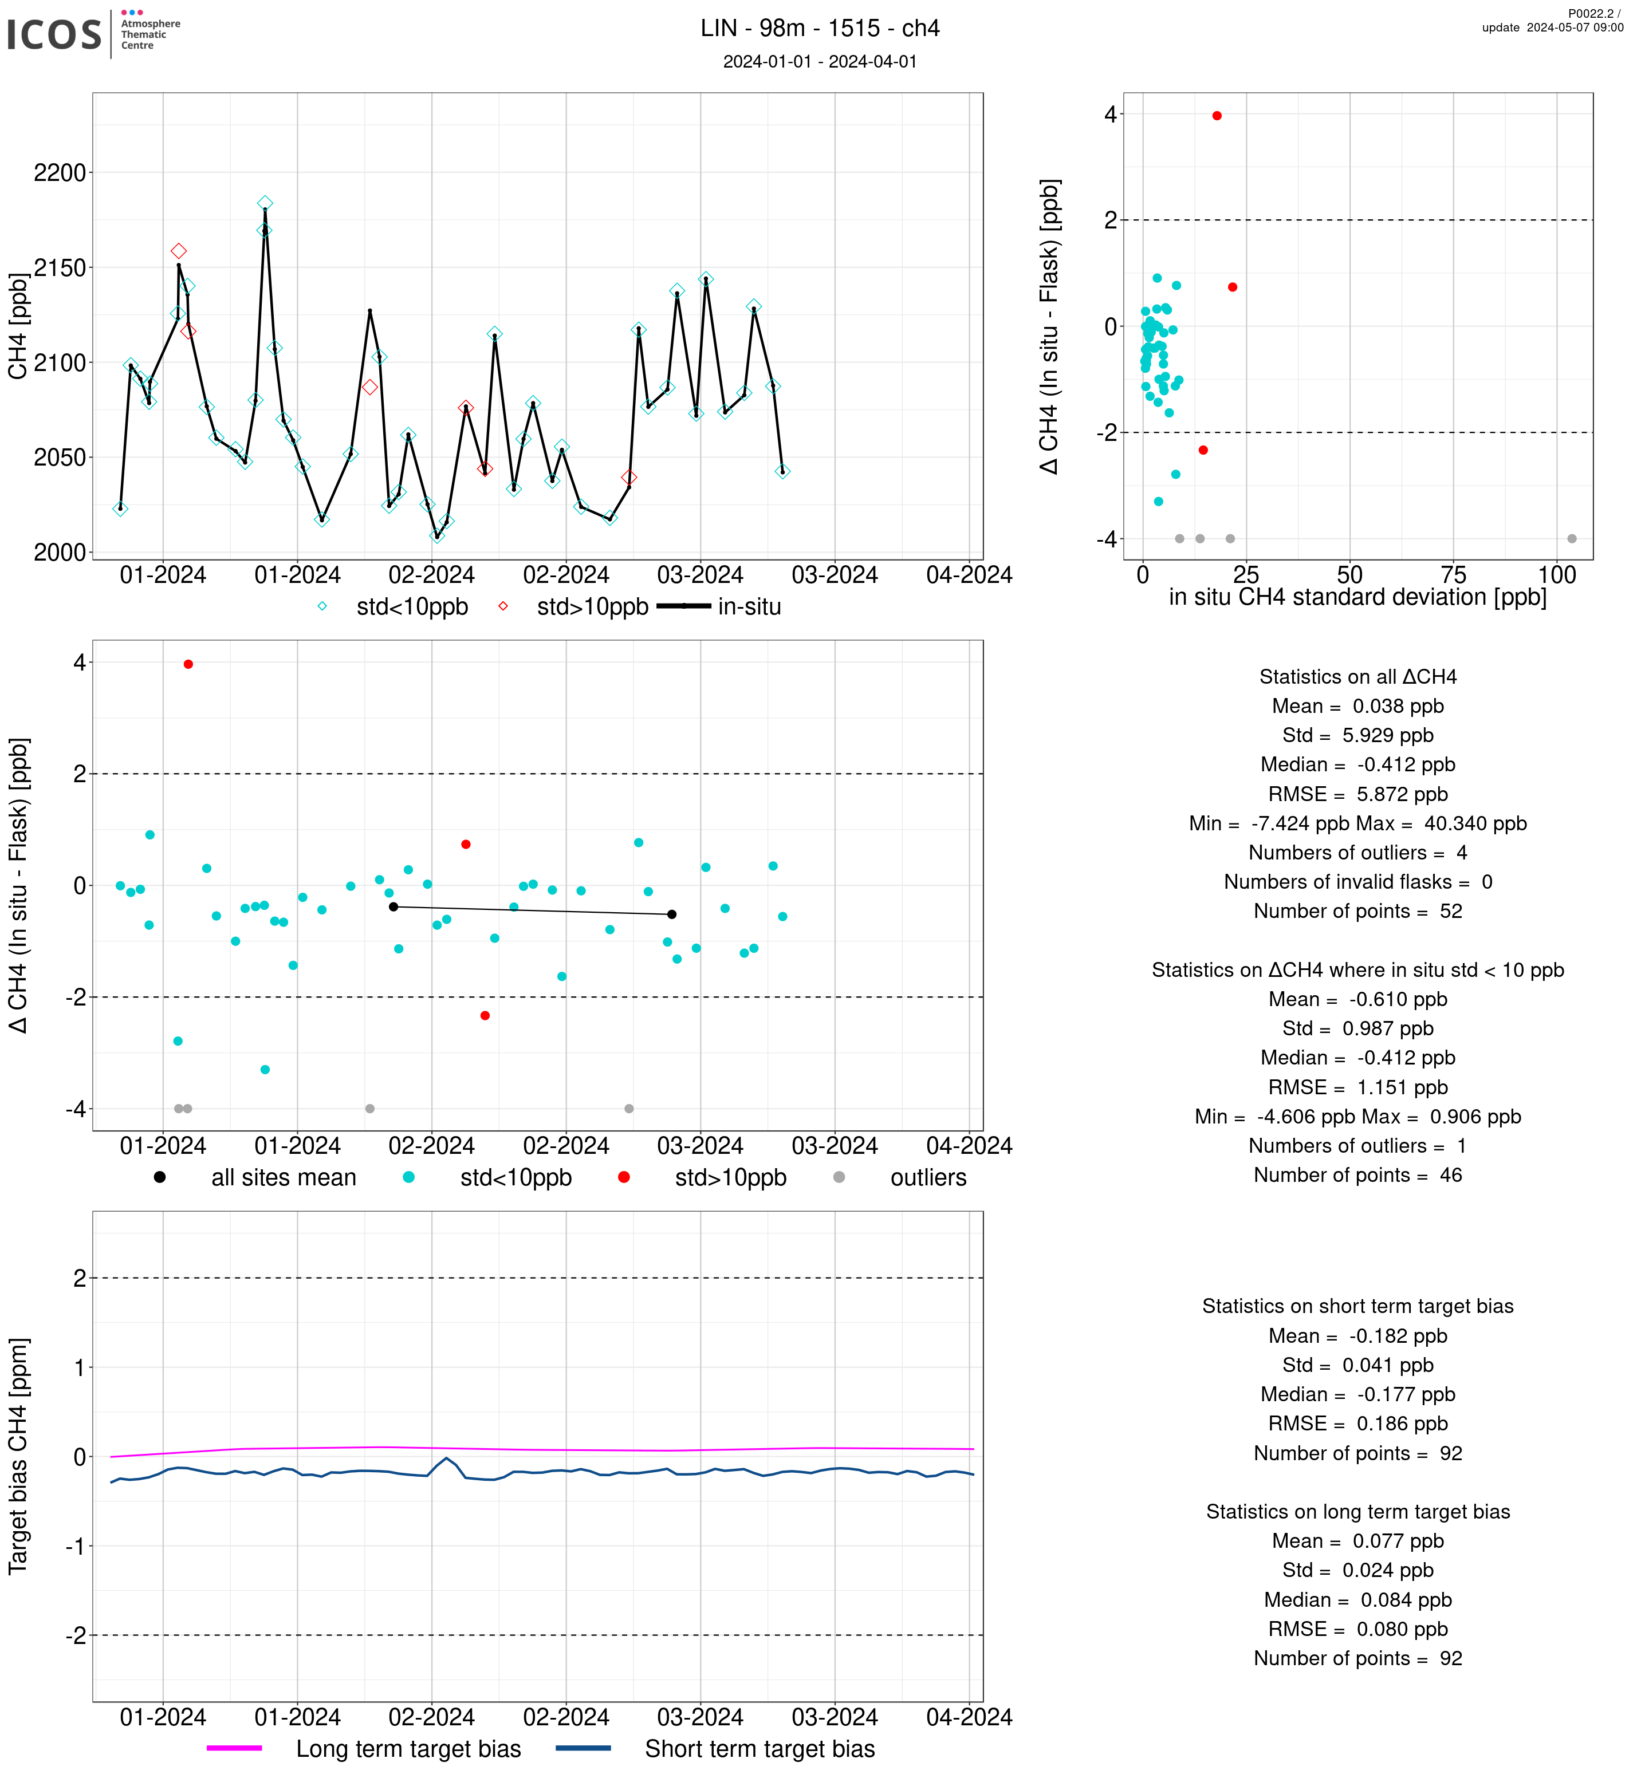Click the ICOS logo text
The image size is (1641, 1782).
pyautogui.click(x=54, y=34)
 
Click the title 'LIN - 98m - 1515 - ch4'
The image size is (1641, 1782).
pyautogui.click(x=820, y=29)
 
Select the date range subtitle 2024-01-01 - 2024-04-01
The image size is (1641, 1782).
pyautogui.click(x=820, y=61)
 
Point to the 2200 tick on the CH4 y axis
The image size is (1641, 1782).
pyautogui.click(x=60, y=172)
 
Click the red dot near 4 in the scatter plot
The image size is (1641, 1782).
pyautogui.click(x=1217, y=116)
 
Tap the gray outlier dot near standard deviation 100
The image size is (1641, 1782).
pyautogui.click(x=1572, y=539)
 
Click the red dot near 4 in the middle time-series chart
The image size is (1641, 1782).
pyautogui.click(x=188, y=664)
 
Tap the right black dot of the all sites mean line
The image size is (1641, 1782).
pyautogui.click(x=672, y=914)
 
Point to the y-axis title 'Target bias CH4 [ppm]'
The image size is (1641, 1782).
pyautogui.click(x=18, y=1456)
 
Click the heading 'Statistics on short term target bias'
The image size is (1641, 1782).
pyautogui.click(x=1357, y=1306)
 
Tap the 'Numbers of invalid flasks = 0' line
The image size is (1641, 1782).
pyautogui.click(x=1357, y=882)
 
